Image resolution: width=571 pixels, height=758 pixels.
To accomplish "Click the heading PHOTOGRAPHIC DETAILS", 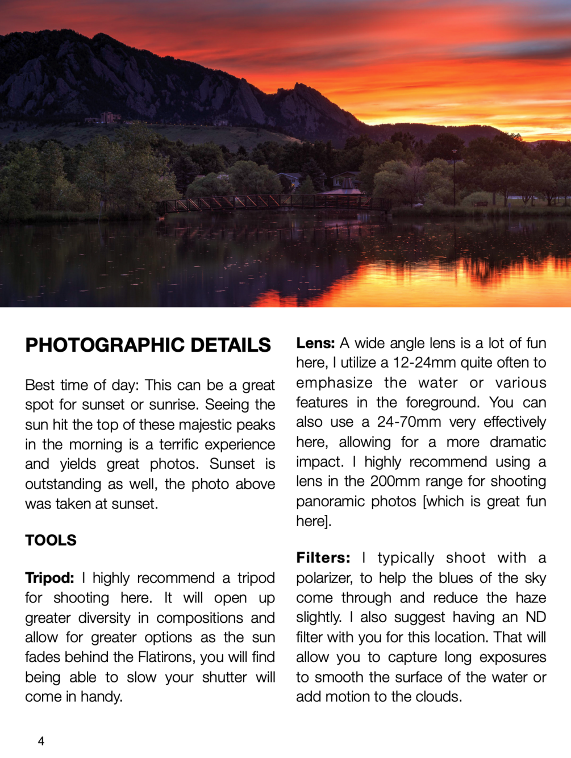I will click(148, 345).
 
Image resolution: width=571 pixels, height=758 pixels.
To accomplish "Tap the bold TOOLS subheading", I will click(51, 540).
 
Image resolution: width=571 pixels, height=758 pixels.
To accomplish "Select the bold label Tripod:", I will click(49, 578).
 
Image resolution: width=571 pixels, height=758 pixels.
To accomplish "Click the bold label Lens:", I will click(315, 343).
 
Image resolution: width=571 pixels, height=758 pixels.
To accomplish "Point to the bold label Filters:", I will click(323, 558).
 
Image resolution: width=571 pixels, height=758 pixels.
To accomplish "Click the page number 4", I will click(41, 741).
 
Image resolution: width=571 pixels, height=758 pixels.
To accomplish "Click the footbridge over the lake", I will click(273, 203).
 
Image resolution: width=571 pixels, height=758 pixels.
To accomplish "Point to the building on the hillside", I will click(110, 118).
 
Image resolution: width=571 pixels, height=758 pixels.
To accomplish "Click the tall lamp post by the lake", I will click(454, 176).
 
